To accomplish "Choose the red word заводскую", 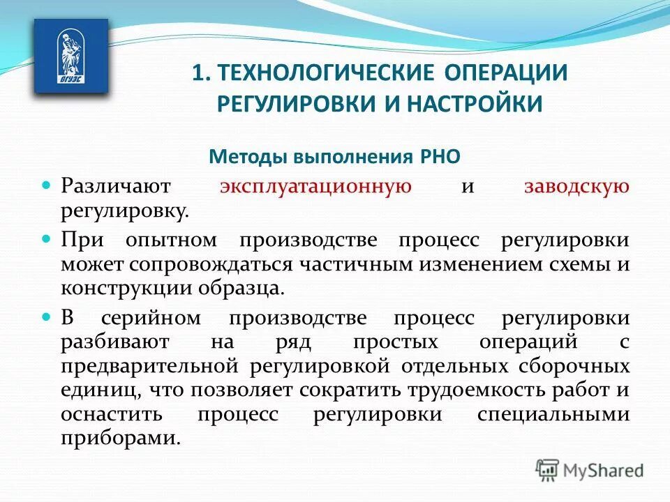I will tap(577, 187).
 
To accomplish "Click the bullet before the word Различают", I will tap(47, 186).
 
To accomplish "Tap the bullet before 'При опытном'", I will tap(47, 238).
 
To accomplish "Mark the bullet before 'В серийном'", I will tap(47, 317).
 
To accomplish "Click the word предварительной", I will tap(152, 367).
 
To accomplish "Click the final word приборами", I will tap(115, 439).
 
